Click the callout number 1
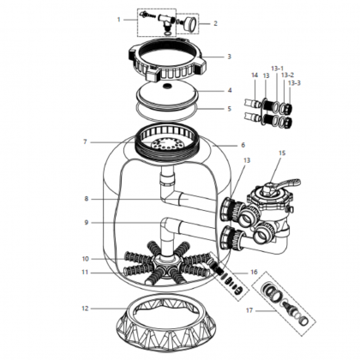(x=119, y=20)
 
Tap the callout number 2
(x=215, y=23)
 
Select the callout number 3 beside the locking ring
(x=229, y=57)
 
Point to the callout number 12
(x=86, y=309)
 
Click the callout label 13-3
(x=294, y=83)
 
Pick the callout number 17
(x=249, y=310)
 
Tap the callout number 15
(x=282, y=153)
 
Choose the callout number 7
(x=85, y=141)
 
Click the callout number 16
(x=254, y=272)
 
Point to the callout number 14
(x=255, y=75)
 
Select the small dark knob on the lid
(x=165, y=85)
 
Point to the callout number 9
(x=87, y=222)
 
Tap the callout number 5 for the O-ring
(x=229, y=109)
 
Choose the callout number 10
(x=86, y=259)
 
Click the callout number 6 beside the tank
(x=243, y=145)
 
